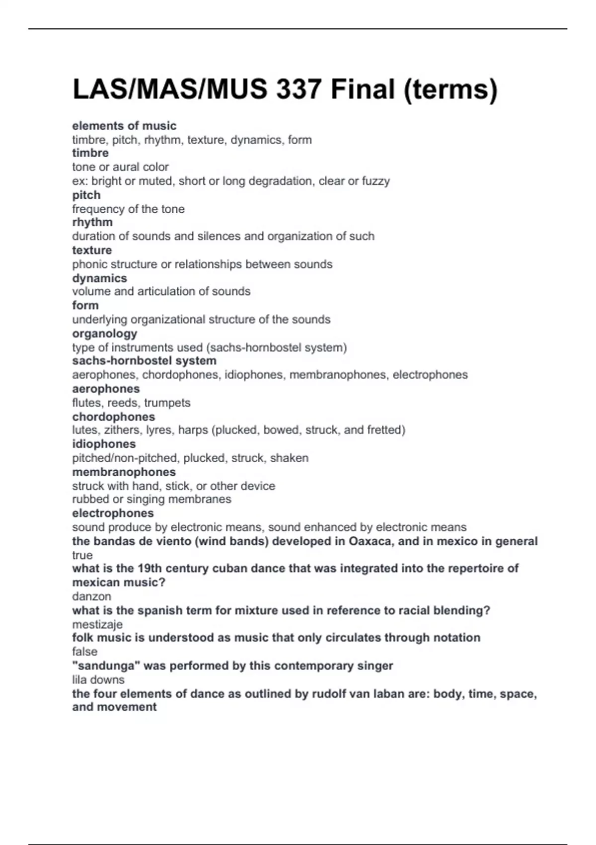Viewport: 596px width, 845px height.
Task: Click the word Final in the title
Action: (x=363, y=89)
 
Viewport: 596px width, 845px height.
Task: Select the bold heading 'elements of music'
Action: (x=124, y=126)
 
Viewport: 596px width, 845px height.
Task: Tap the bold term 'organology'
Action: (x=104, y=334)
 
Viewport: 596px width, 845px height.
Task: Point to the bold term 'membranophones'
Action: (x=124, y=472)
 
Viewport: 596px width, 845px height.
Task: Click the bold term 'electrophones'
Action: (x=113, y=513)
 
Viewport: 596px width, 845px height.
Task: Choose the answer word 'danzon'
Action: (x=91, y=596)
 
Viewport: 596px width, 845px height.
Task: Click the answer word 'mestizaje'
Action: (x=97, y=624)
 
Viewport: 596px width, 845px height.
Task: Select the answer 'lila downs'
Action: (x=98, y=679)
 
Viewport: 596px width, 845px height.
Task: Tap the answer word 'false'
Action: (x=84, y=652)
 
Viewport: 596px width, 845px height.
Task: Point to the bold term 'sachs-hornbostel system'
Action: (x=144, y=361)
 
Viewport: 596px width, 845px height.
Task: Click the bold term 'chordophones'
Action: (x=113, y=417)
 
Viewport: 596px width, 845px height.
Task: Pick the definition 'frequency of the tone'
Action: (x=128, y=209)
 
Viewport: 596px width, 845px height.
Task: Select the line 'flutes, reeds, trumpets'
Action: (x=131, y=403)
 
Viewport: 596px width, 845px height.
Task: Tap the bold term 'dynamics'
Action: (x=99, y=278)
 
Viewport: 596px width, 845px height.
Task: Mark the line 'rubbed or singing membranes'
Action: (x=151, y=499)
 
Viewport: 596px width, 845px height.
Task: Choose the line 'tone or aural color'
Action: (x=120, y=167)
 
